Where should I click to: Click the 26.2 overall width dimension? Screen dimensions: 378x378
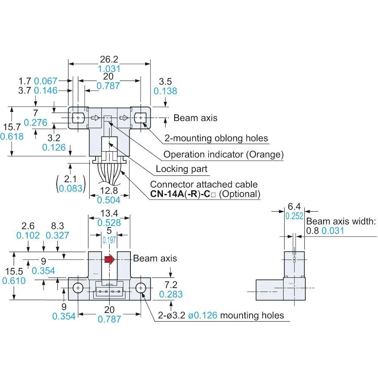pos(109,59)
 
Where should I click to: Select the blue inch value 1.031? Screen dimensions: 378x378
pos(109,69)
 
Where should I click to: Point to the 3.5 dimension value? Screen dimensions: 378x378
pos(165,81)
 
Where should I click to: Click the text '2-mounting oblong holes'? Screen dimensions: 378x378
pos(216,138)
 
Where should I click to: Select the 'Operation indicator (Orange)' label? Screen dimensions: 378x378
pos(223,154)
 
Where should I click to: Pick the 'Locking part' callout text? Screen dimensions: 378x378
pos(182,169)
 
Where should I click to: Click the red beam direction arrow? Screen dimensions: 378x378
pos(109,259)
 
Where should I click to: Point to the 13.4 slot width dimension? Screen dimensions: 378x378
pos(109,214)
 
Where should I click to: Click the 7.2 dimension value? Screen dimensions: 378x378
pos(170,284)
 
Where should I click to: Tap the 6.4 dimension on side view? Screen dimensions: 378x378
pos(294,206)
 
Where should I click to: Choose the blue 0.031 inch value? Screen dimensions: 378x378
pos(333,231)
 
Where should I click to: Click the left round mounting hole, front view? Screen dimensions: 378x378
pos(78,288)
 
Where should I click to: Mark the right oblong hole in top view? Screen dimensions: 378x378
pos(140,118)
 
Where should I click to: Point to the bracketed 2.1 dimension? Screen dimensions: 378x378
pos(71,178)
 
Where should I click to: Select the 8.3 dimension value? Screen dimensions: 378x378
pos(57,226)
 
